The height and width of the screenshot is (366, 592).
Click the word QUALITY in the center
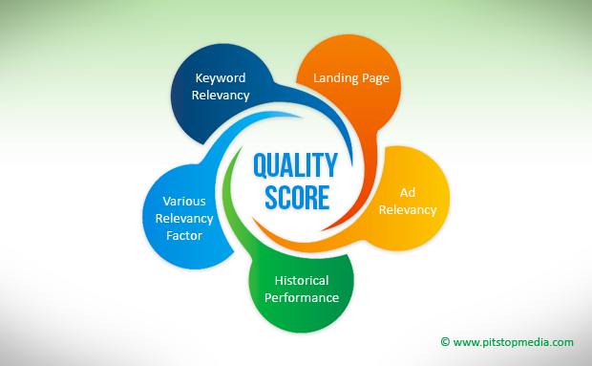[295, 166]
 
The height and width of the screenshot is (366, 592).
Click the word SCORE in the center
[295, 198]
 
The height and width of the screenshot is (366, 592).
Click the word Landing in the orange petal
[331, 78]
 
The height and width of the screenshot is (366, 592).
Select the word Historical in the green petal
[302, 281]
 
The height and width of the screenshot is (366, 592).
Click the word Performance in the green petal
[302, 297]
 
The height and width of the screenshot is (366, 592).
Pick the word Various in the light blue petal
[184, 202]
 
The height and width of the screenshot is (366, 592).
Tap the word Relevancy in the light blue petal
[184, 218]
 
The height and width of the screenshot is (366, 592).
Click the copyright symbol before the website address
[445, 341]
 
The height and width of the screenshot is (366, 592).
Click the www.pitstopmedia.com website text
[514, 341]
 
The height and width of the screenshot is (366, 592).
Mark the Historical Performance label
[302, 289]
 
